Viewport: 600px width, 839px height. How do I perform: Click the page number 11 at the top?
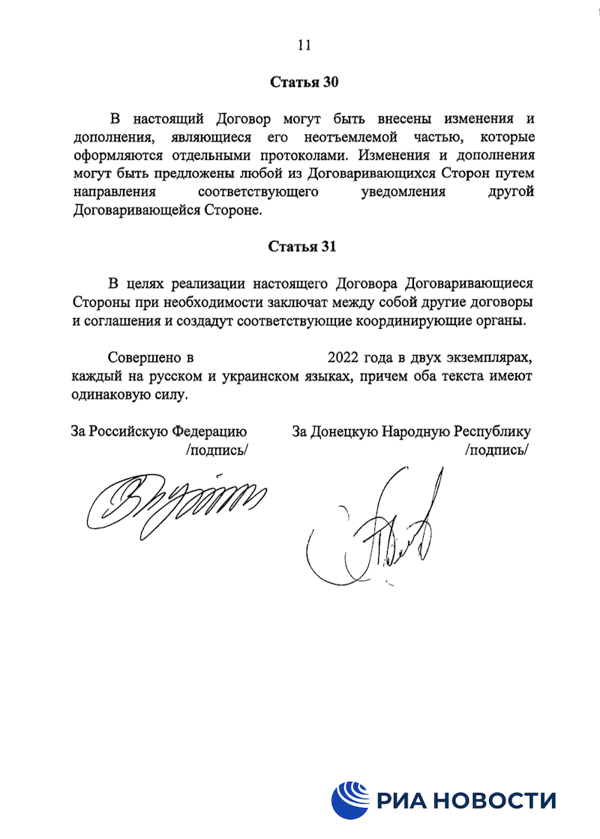click(304, 45)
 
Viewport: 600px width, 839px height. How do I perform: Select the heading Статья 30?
click(304, 82)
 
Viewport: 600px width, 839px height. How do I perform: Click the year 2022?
click(343, 356)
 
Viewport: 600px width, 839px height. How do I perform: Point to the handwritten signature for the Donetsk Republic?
click(375, 533)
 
